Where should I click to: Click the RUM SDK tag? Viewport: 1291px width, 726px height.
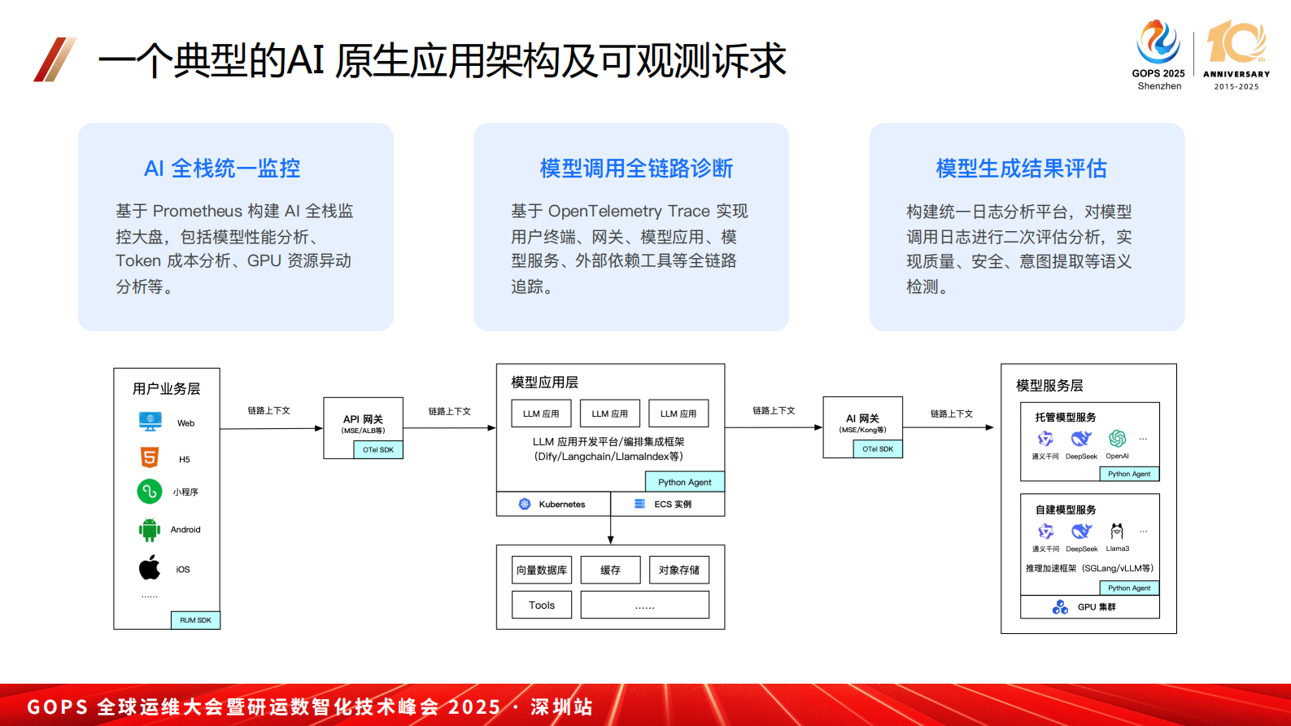pos(195,620)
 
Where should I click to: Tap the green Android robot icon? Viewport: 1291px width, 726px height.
pos(150,530)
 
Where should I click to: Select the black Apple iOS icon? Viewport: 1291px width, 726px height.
pos(150,568)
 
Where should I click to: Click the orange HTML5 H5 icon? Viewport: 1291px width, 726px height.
pos(150,457)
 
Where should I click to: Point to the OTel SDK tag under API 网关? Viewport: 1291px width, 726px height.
pos(378,449)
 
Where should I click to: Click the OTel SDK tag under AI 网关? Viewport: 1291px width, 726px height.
pos(878,448)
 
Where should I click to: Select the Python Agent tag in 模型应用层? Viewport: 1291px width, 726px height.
pos(684,482)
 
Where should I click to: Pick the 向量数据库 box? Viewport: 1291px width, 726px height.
pos(542,570)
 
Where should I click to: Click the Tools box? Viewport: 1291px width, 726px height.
pos(542,605)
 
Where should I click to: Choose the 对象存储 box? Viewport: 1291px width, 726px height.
pos(679,570)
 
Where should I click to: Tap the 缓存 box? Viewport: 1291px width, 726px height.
pos(610,570)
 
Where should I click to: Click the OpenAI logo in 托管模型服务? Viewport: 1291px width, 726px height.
pos(1117,440)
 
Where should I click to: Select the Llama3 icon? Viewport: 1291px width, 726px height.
pos(1117,531)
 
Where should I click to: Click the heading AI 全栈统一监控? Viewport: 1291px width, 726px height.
pos(222,168)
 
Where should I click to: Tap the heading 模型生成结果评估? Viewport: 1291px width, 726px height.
pos(1021,168)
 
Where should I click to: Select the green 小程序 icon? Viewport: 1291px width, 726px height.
pos(150,492)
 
